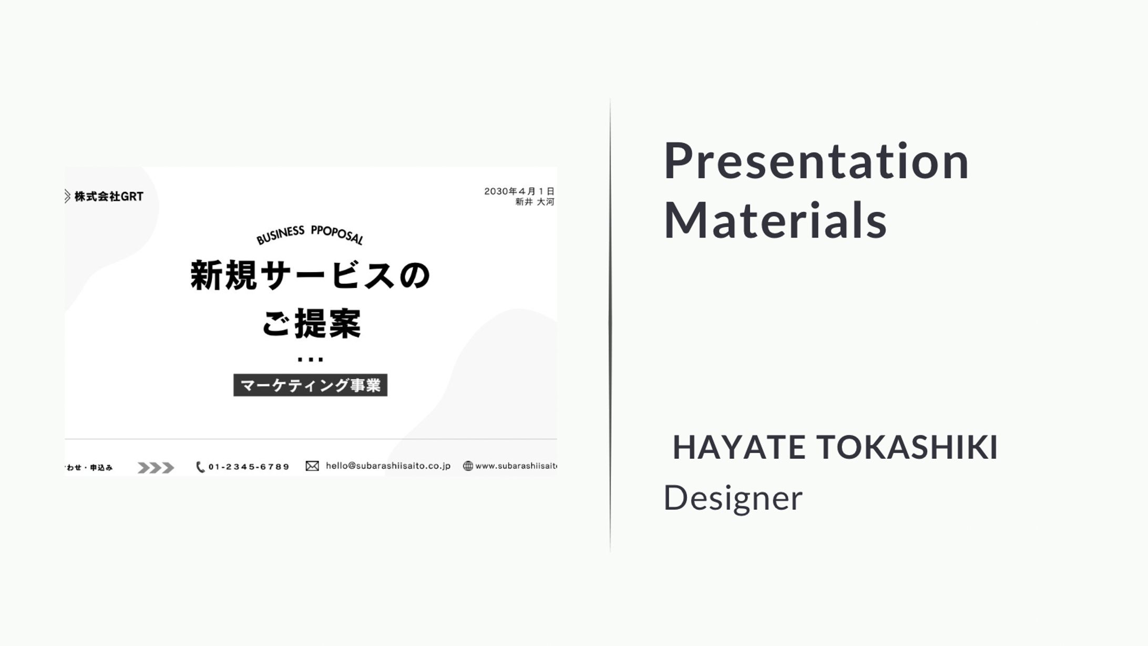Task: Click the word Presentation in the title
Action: point(816,161)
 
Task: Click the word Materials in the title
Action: point(775,220)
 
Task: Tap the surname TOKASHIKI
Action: point(907,447)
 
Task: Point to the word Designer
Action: point(733,498)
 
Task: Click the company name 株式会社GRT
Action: point(109,197)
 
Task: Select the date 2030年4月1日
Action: point(519,191)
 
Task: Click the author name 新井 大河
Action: point(535,202)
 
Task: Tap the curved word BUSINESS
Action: point(280,235)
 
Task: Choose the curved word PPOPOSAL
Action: point(337,234)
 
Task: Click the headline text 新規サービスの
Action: point(310,275)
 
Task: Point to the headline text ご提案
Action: point(311,323)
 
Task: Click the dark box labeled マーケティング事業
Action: point(310,385)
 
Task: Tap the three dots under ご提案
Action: point(310,360)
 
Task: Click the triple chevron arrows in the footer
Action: point(156,467)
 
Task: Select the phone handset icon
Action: point(200,467)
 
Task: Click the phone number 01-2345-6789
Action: point(249,467)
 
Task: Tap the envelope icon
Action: point(312,466)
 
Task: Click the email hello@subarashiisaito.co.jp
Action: point(388,466)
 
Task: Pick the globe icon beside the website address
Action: point(468,466)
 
